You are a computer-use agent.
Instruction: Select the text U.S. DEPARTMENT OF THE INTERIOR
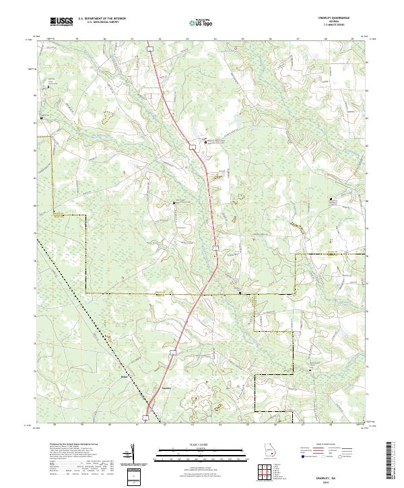pos(102,20)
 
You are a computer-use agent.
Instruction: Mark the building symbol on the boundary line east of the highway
pos(241,293)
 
